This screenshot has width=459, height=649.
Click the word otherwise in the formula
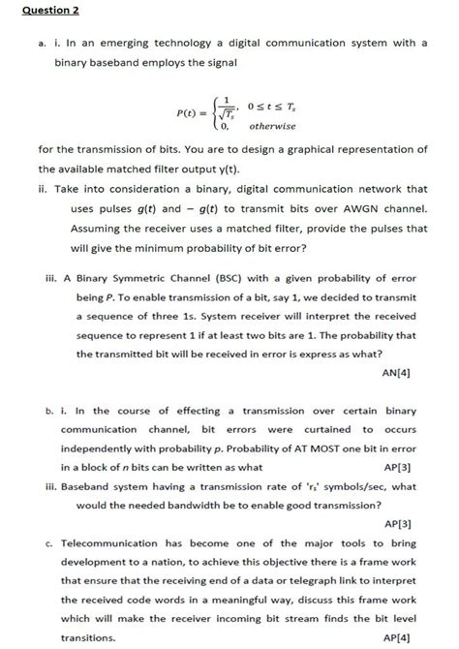coord(272,127)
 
